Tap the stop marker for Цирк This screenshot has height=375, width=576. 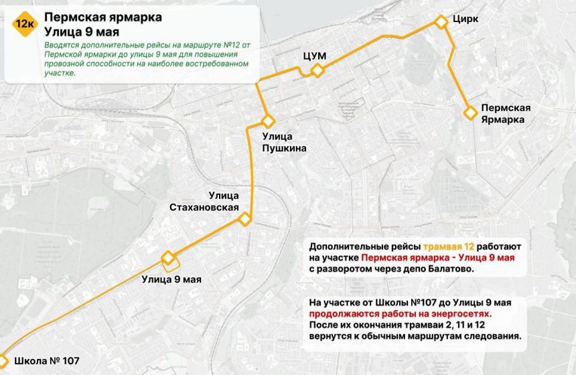(441, 22)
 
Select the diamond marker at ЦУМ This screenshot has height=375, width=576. (317, 70)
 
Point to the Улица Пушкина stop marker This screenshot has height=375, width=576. (268, 121)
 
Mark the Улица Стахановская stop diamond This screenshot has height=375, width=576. (245, 219)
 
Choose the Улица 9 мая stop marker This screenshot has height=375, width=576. (168, 258)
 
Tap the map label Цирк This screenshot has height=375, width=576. (465, 19)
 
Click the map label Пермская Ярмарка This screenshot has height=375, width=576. (506, 114)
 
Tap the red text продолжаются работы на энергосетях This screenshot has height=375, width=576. (401, 312)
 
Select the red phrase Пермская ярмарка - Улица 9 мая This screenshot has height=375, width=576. (437, 258)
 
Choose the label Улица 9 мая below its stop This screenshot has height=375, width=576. (171, 279)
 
